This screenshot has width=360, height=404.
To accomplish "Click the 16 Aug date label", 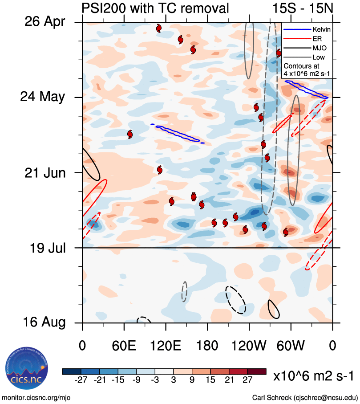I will [x=44, y=322].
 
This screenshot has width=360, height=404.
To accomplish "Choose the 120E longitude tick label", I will [x=166, y=346].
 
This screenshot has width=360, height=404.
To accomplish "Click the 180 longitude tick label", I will [x=207, y=346].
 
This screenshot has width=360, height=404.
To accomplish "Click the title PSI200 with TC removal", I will [x=156, y=8].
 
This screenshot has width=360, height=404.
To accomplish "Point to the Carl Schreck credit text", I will [x=305, y=397].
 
